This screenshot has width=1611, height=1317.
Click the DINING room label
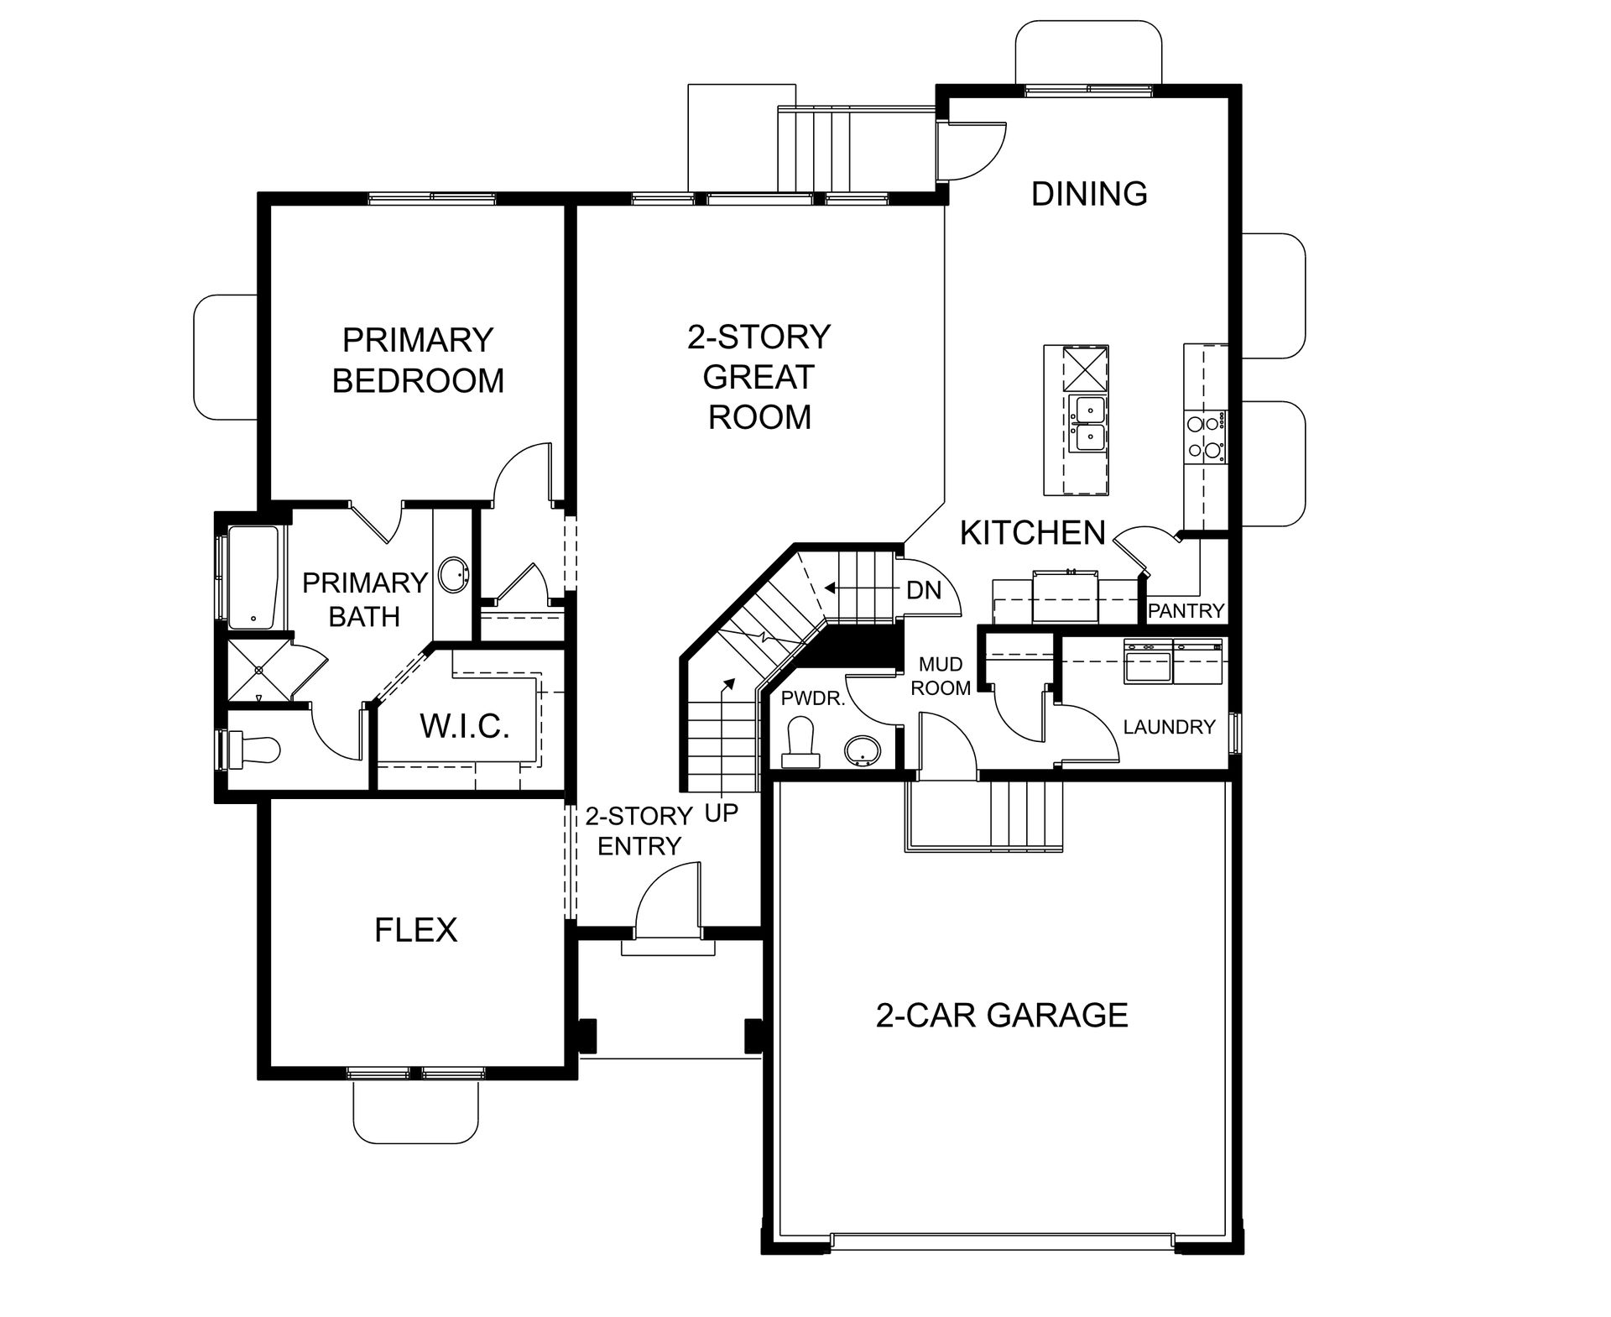(1089, 194)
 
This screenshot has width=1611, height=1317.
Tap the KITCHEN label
(1033, 533)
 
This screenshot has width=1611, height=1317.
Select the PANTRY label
(1186, 611)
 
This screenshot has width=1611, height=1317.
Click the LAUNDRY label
(1169, 727)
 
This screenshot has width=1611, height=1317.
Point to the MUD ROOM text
(941, 677)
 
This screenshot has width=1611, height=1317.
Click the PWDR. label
(812, 698)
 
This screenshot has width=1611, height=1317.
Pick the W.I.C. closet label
(465, 726)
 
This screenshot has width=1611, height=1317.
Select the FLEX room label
(415, 930)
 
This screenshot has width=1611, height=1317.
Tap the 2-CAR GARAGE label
(1002, 1016)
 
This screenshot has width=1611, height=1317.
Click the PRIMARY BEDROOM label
(418, 360)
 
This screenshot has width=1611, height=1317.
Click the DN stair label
(924, 590)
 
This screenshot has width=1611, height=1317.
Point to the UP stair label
(721, 813)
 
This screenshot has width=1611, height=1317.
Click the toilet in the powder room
(800, 743)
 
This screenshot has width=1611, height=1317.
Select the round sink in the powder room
(863, 751)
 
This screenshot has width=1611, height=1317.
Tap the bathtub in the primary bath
(253, 577)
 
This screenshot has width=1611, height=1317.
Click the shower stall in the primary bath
(258, 671)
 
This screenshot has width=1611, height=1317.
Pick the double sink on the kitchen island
(1088, 424)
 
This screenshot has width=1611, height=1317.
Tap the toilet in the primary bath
(250, 750)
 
